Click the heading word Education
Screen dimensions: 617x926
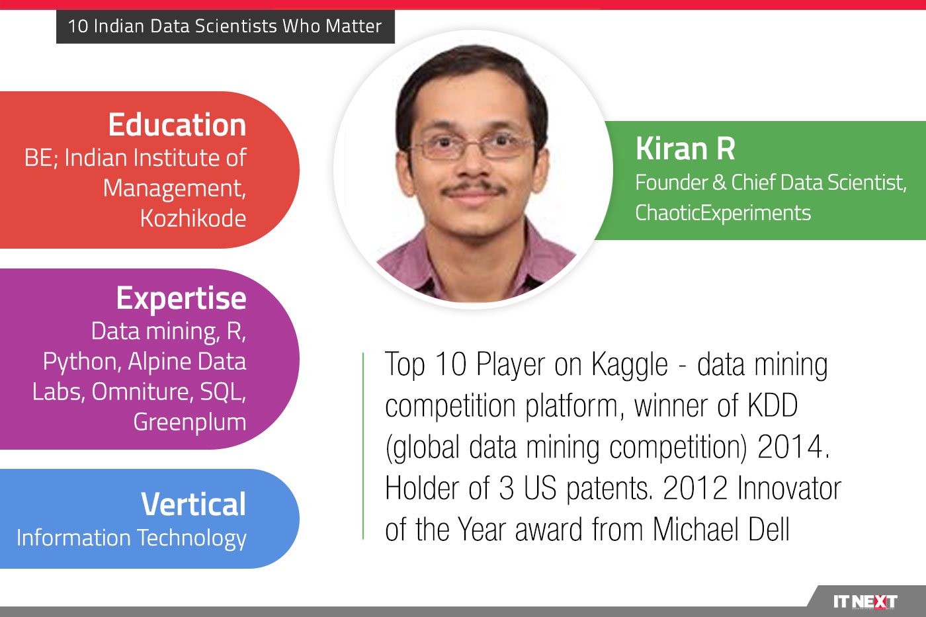click(x=177, y=125)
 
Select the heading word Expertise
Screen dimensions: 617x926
click(x=181, y=298)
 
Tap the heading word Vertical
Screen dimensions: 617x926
click(x=193, y=505)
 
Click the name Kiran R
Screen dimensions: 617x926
click(x=685, y=149)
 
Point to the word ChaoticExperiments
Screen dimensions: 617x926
click(x=722, y=213)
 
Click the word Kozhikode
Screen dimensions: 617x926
click(x=192, y=218)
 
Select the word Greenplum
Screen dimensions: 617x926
click(x=189, y=422)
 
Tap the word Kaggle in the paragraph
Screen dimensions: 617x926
click(x=629, y=365)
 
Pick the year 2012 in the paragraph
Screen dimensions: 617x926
click(x=694, y=489)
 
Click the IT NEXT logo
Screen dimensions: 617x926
click(x=864, y=601)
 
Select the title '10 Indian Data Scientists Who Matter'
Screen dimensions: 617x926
click(x=225, y=26)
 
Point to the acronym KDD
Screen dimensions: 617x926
click(x=772, y=406)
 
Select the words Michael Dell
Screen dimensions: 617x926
click(x=721, y=530)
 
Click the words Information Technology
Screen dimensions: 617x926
click(x=131, y=538)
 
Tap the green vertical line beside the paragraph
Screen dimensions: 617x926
click(x=363, y=446)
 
